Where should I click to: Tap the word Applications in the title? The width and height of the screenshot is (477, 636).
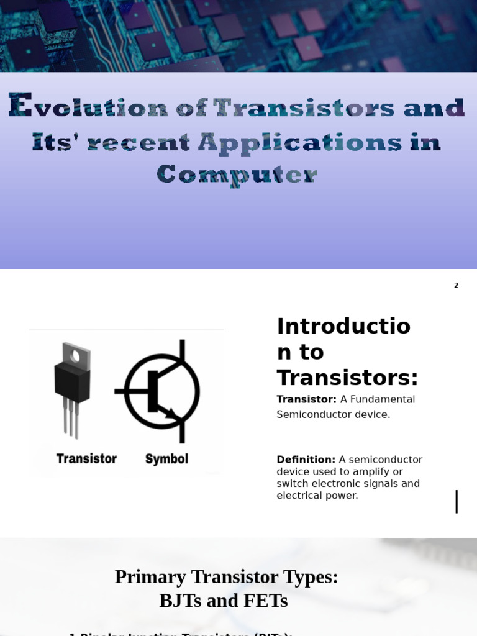click(300, 142)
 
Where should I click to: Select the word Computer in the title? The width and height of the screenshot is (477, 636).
click(237, 175)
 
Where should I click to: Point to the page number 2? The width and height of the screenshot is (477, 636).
click(456, 286)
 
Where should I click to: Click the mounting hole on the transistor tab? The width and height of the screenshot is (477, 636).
click(76, 356)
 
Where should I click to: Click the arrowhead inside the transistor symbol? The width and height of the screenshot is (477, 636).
click(172, 413)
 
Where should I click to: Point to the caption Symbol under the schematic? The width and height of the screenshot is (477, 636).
click(166, 459)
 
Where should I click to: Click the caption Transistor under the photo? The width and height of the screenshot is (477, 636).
click(86, 459)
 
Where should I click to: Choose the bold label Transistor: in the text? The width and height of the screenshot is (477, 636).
click(306, 399)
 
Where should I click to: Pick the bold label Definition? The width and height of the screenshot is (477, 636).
click(306, 460)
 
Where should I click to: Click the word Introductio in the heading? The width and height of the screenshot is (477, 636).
click(343, 326)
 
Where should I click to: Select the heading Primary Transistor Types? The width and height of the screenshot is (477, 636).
click(226, 576)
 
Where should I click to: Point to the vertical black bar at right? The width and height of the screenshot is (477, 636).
click(457, 501)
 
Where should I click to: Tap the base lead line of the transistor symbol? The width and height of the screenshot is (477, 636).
click(131, 391)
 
